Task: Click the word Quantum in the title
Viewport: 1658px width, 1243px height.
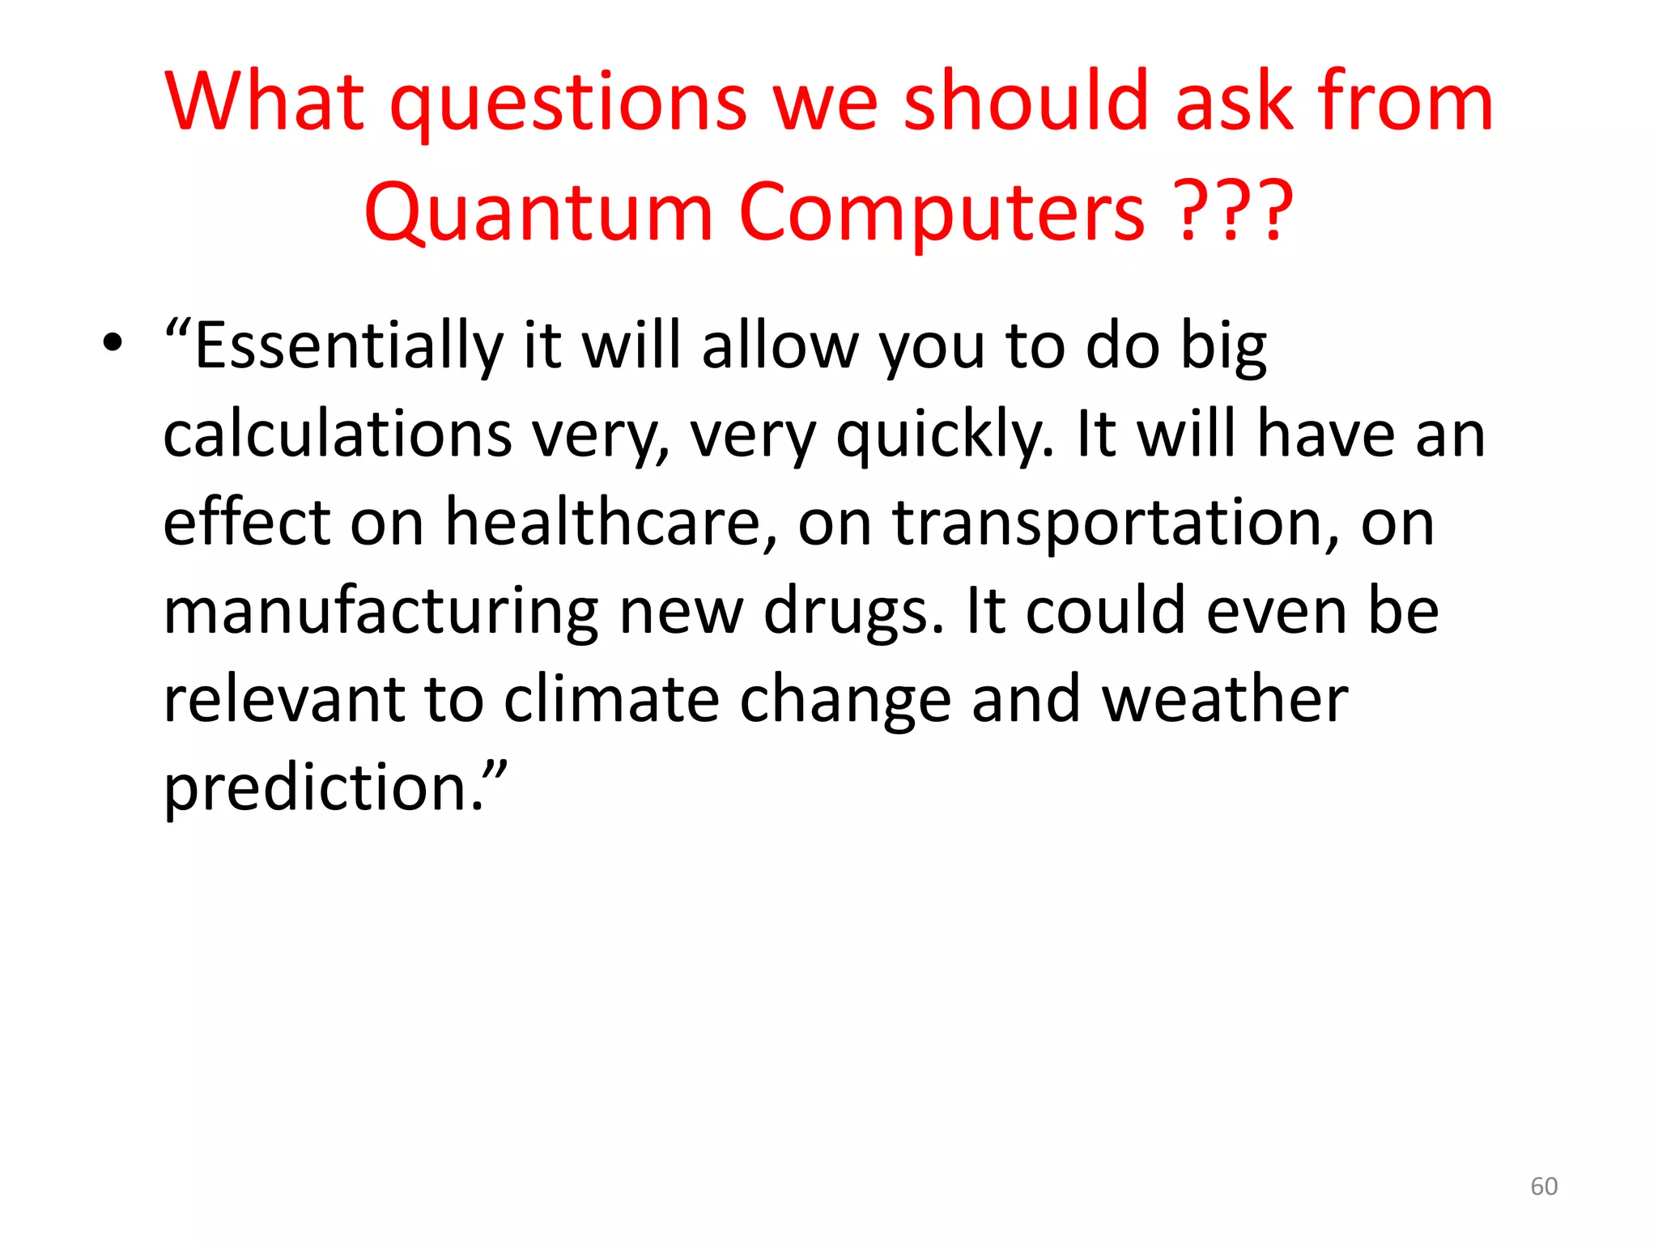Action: click(538, 212)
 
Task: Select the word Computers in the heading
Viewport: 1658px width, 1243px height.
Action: click(942, 212)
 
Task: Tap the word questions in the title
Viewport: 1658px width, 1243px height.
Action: click(568, 103)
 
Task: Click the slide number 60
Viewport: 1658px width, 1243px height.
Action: click(1544, 1186)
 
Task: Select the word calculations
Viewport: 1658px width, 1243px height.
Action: click(338, 435)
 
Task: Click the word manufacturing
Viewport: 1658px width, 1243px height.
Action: click(381, 611)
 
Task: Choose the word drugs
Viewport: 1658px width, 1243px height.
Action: click(854, 613)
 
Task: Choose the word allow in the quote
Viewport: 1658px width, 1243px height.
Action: click(780, 346)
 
